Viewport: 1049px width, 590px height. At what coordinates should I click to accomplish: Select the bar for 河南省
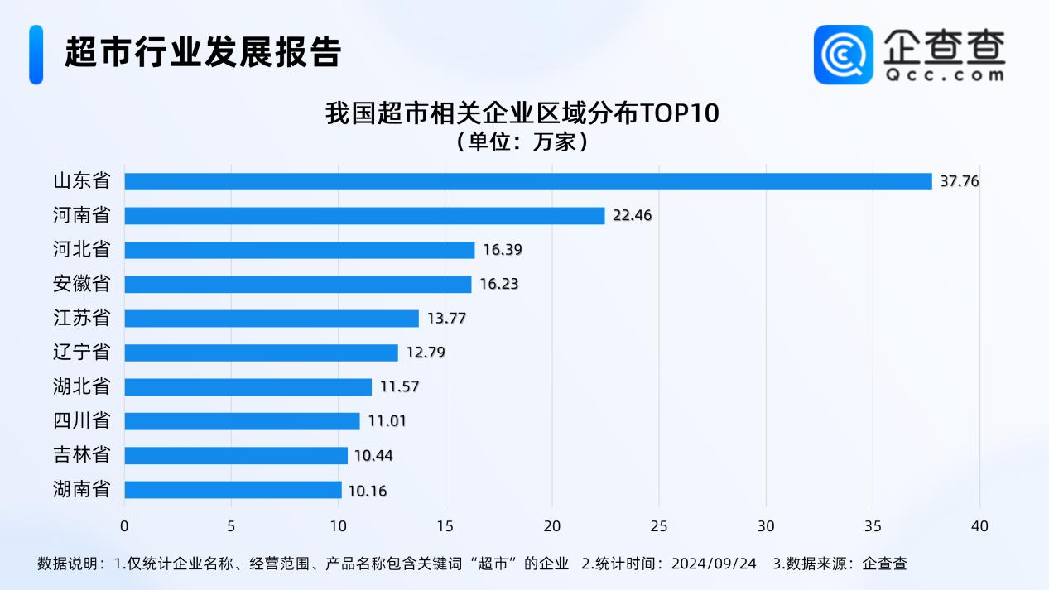(x=364, y=215)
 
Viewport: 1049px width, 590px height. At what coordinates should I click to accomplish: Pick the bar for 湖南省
(x=233, y=490)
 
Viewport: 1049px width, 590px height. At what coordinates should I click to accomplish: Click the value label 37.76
(x=960, y=181)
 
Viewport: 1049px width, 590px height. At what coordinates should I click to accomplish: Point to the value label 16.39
(x=503, y=250)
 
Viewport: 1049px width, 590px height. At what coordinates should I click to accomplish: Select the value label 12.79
(x=426, y=353)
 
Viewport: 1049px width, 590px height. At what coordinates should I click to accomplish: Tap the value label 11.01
(x=387, y=421)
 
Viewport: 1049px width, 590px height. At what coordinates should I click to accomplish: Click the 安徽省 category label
(x=81, y=284)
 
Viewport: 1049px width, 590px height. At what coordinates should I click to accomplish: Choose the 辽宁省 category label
(x=81, y=353)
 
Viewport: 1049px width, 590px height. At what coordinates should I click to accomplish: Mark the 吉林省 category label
(x=81, y=455)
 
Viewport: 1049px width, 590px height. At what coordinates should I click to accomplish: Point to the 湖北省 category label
(x=81, y=386)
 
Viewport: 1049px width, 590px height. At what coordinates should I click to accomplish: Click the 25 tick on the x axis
(x=659, y=525)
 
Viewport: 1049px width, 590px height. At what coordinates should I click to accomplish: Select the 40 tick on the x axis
(x=979, y=525)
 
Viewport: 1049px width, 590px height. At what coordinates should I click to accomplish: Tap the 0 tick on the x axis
(x=124, y=525)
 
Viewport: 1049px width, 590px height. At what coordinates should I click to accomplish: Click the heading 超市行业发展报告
(x=203, y=52)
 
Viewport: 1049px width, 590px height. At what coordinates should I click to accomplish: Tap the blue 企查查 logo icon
(x=843, y=54)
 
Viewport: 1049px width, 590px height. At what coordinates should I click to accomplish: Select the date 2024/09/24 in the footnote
(x=713, y=564)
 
